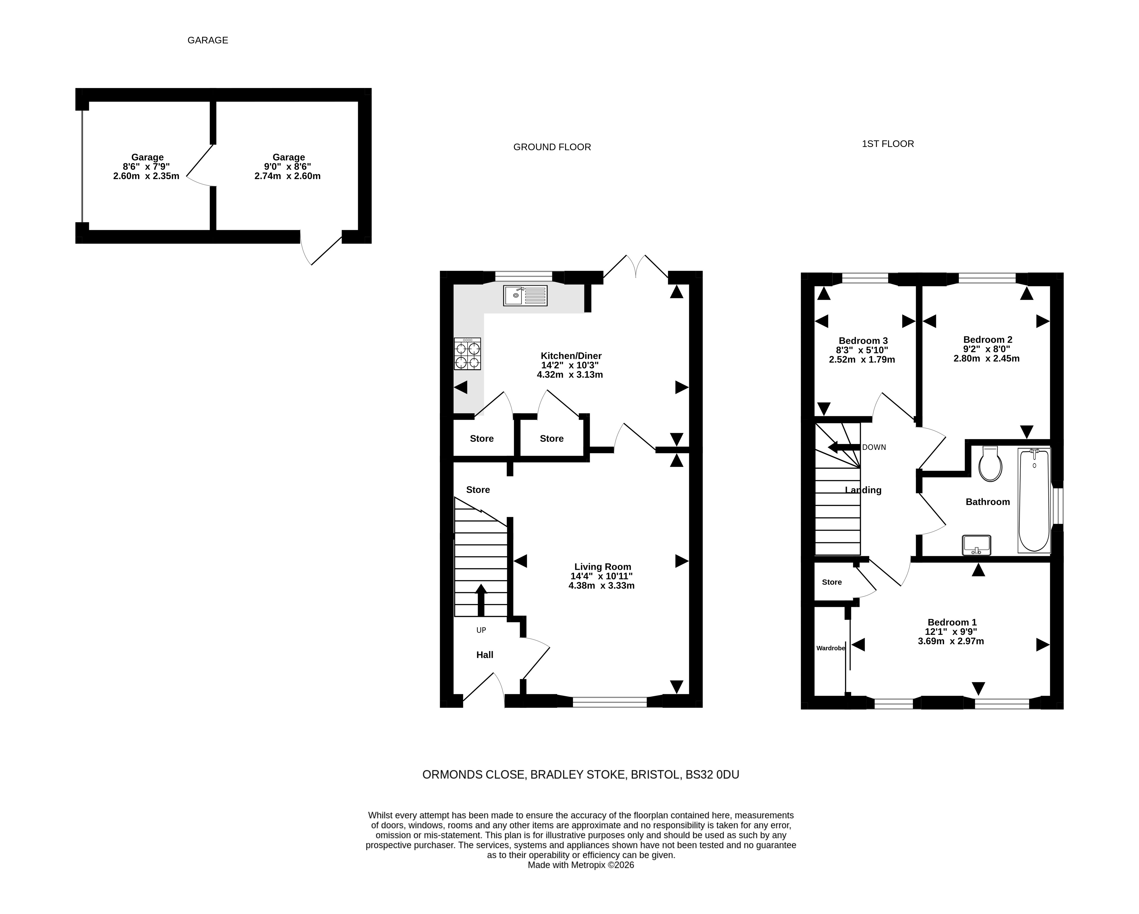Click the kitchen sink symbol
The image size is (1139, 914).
[525, 295]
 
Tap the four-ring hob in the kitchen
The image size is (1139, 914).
[467, 353]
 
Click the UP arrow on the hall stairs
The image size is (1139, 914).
[481, 600]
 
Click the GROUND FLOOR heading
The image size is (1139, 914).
[552, 147]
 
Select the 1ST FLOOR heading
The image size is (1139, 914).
[888, 144]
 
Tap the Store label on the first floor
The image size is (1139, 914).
[832, 582]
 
